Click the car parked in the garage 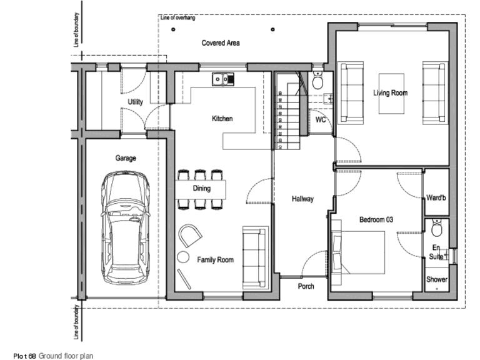127,228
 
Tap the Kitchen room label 222,118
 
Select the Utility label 135,102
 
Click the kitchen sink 222,79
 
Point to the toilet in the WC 317,81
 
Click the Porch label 305,287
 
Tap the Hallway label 302,199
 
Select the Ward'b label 436,199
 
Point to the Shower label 436,279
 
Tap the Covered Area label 221,43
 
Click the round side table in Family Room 182,256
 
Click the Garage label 125,158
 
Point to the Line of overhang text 178,18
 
